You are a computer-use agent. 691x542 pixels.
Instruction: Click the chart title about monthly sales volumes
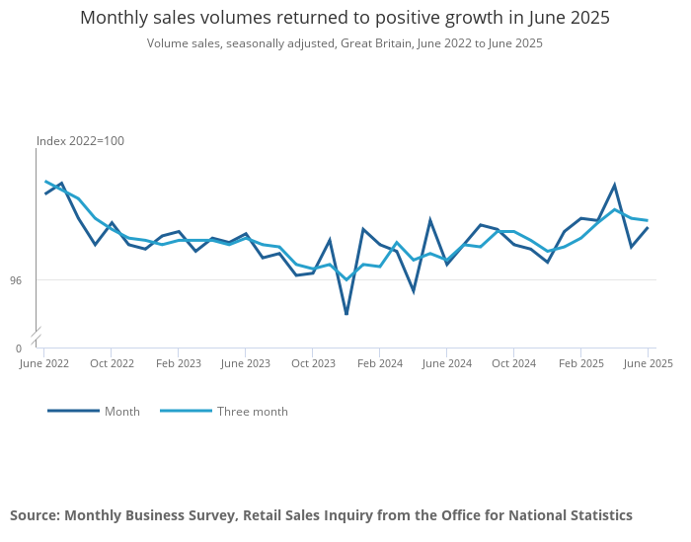345,18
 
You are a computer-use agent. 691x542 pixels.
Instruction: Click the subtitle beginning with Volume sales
345,43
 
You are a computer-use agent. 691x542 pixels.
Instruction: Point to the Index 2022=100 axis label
81,141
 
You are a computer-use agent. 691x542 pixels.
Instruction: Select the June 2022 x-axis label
44,363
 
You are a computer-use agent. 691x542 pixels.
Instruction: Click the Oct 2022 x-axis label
112,363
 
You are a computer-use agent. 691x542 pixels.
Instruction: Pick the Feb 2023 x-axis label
179,363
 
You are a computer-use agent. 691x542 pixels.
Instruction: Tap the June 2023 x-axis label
246,363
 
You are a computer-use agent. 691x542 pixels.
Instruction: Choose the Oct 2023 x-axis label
313,363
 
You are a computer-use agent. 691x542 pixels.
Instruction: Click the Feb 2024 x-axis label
380,363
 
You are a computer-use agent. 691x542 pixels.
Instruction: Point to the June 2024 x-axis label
446,363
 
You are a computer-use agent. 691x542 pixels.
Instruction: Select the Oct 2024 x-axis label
513,363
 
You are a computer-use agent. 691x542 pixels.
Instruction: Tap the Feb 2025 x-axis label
581,363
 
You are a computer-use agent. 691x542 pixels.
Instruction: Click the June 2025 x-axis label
648,363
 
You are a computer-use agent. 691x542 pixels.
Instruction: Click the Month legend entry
122,412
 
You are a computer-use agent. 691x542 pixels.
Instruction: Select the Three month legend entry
253,412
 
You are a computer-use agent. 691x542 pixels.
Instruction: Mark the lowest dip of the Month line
346,314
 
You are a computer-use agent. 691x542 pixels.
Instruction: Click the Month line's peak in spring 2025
615,186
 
